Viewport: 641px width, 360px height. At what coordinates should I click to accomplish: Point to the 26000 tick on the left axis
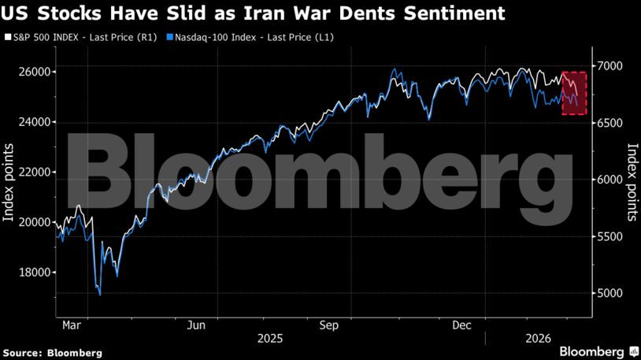(36, 72)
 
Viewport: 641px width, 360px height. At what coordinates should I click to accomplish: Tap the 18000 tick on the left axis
(36, 273)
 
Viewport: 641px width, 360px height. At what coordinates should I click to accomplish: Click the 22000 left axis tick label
(36, 172)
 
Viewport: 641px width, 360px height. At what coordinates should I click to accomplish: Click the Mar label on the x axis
(70, 325)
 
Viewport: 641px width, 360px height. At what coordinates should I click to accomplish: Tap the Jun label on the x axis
(198, 325)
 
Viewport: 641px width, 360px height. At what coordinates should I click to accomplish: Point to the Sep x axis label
(329, 325)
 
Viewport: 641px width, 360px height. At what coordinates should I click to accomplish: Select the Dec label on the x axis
(462, 325)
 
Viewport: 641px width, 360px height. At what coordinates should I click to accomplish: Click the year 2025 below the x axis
(270, 339)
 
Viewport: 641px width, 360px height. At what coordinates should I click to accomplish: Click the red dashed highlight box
(573, 93)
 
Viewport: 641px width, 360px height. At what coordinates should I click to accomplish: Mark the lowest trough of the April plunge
(100, 295)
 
